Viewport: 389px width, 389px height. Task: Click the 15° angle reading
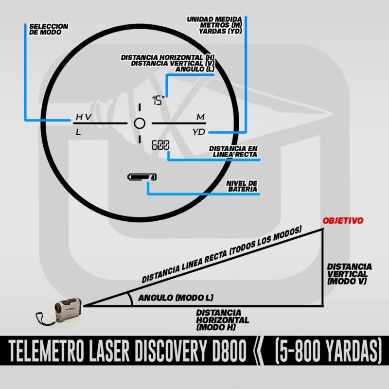159,100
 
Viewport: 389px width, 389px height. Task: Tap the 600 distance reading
160,145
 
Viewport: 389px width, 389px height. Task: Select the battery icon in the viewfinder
142,177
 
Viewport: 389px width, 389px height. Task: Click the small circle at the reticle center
140,124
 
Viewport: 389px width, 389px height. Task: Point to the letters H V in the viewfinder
84,117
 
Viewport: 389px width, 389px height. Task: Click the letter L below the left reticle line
78,132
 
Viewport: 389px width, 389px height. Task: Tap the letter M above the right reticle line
200,117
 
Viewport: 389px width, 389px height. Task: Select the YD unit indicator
199,132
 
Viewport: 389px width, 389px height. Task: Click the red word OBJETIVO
343,221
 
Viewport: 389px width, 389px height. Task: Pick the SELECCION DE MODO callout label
49,29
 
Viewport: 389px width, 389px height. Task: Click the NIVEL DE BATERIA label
242,186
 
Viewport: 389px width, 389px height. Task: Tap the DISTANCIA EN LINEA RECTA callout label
233,151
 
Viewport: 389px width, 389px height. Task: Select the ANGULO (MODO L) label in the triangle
176,298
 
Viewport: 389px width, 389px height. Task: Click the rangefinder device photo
59,311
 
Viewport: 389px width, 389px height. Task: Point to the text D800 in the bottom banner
229,351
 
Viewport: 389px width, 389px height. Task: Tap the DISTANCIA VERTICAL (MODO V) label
349,274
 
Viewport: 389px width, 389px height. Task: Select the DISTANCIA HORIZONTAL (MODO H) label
223,320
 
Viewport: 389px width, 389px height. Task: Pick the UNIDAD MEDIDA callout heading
214,19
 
